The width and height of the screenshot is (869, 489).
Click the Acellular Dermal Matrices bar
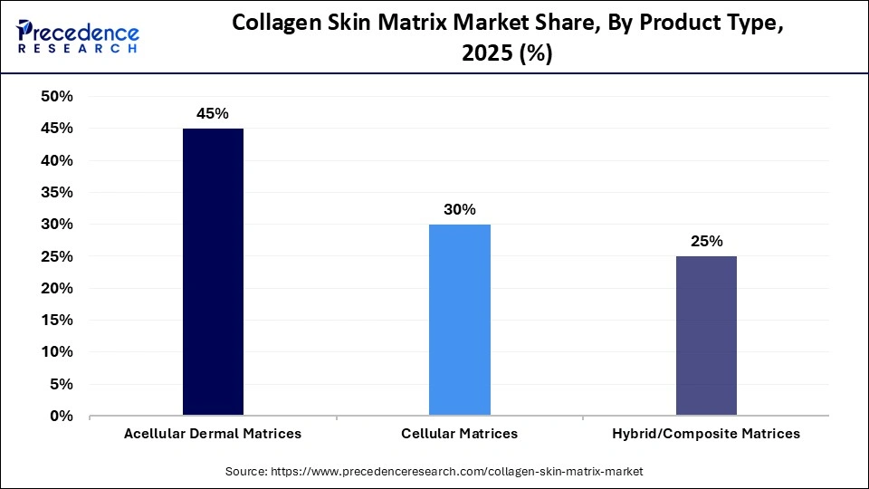pos(213,272)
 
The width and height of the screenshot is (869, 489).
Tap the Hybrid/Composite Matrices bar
pos(706,336)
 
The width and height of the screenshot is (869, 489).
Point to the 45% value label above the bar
pos(213,114)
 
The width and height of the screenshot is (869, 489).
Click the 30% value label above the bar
pos(460,210)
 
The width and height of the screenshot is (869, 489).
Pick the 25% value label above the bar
pos(706,242)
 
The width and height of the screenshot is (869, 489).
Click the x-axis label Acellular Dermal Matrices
pos(213,434)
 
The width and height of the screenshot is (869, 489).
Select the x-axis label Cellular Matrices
pos(460,434)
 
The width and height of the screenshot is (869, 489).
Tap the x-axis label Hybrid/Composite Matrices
pos(706,434)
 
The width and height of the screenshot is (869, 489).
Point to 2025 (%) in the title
pos(507,53)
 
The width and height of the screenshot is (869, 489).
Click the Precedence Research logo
pos(78,37)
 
